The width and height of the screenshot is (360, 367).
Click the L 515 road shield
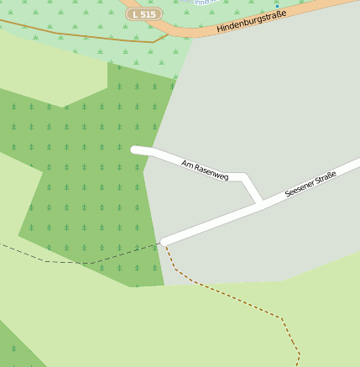click(144, 14)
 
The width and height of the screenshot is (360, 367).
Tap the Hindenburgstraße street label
click(251, 21)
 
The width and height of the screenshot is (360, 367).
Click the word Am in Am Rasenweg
click(187, 164)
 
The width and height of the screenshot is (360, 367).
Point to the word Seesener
click(299, 189)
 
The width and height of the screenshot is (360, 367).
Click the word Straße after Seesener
click(326, 176)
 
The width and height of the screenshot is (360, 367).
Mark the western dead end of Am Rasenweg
click(135, 149)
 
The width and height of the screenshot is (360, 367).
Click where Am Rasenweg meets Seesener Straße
click(261, 203)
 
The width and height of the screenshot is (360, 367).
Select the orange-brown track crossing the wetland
click(84, 34)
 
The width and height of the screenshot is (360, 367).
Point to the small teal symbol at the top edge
click(276, 3)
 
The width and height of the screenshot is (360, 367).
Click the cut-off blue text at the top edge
click(204, 3)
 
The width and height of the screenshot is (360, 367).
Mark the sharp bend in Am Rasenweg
click(244, 177)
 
